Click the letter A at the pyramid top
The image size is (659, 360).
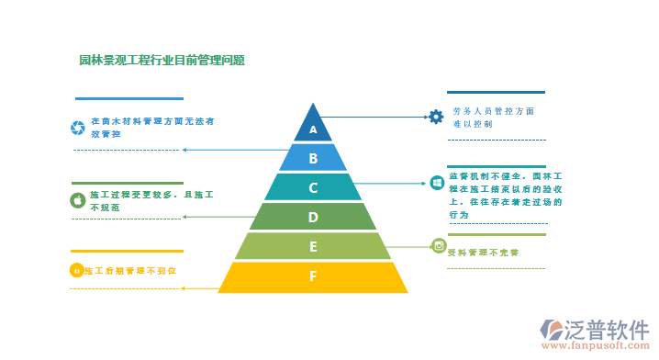pos(313,129)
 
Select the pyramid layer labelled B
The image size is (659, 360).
pos(313,158)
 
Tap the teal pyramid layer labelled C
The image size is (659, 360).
pos(313,187)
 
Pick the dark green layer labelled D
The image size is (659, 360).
pos(313,217)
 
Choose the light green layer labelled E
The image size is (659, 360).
pos(313,246)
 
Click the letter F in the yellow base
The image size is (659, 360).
pos(313,276)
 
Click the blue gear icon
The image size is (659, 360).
pos(436,117)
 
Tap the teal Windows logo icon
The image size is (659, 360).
pos(437,184)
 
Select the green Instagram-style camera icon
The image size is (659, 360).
pos(439,245)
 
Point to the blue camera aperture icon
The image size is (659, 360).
pos(78,127)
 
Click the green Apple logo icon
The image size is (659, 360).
pos(78,199)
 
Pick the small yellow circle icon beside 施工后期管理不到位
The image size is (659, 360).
pos(76,271)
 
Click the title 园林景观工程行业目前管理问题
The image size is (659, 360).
pos(162,61)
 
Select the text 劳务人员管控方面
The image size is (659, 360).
pos(493,110)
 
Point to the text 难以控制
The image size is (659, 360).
pos(473,123)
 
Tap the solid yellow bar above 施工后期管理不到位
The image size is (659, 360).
pos(127,252)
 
